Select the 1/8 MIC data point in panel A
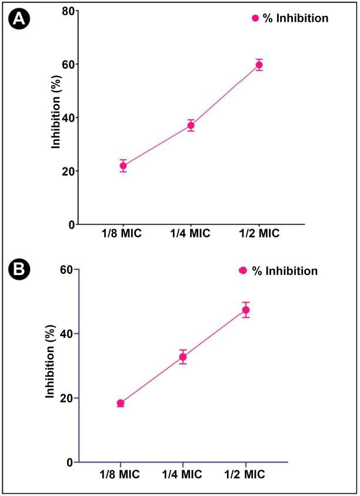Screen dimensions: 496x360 coord(124,166)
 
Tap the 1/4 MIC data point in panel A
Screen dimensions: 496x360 coord(191,125)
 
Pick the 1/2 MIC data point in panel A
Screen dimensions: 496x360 coord(259,65)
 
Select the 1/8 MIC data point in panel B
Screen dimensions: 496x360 coord(121,403)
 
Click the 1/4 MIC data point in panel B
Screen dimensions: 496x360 coord(183,357)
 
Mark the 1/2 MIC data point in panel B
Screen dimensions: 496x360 coord(246,310)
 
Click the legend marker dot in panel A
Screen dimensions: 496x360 coord(255,18)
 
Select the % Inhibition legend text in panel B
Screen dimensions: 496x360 coord(285,271)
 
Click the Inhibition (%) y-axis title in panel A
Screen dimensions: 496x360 coord(56,117)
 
